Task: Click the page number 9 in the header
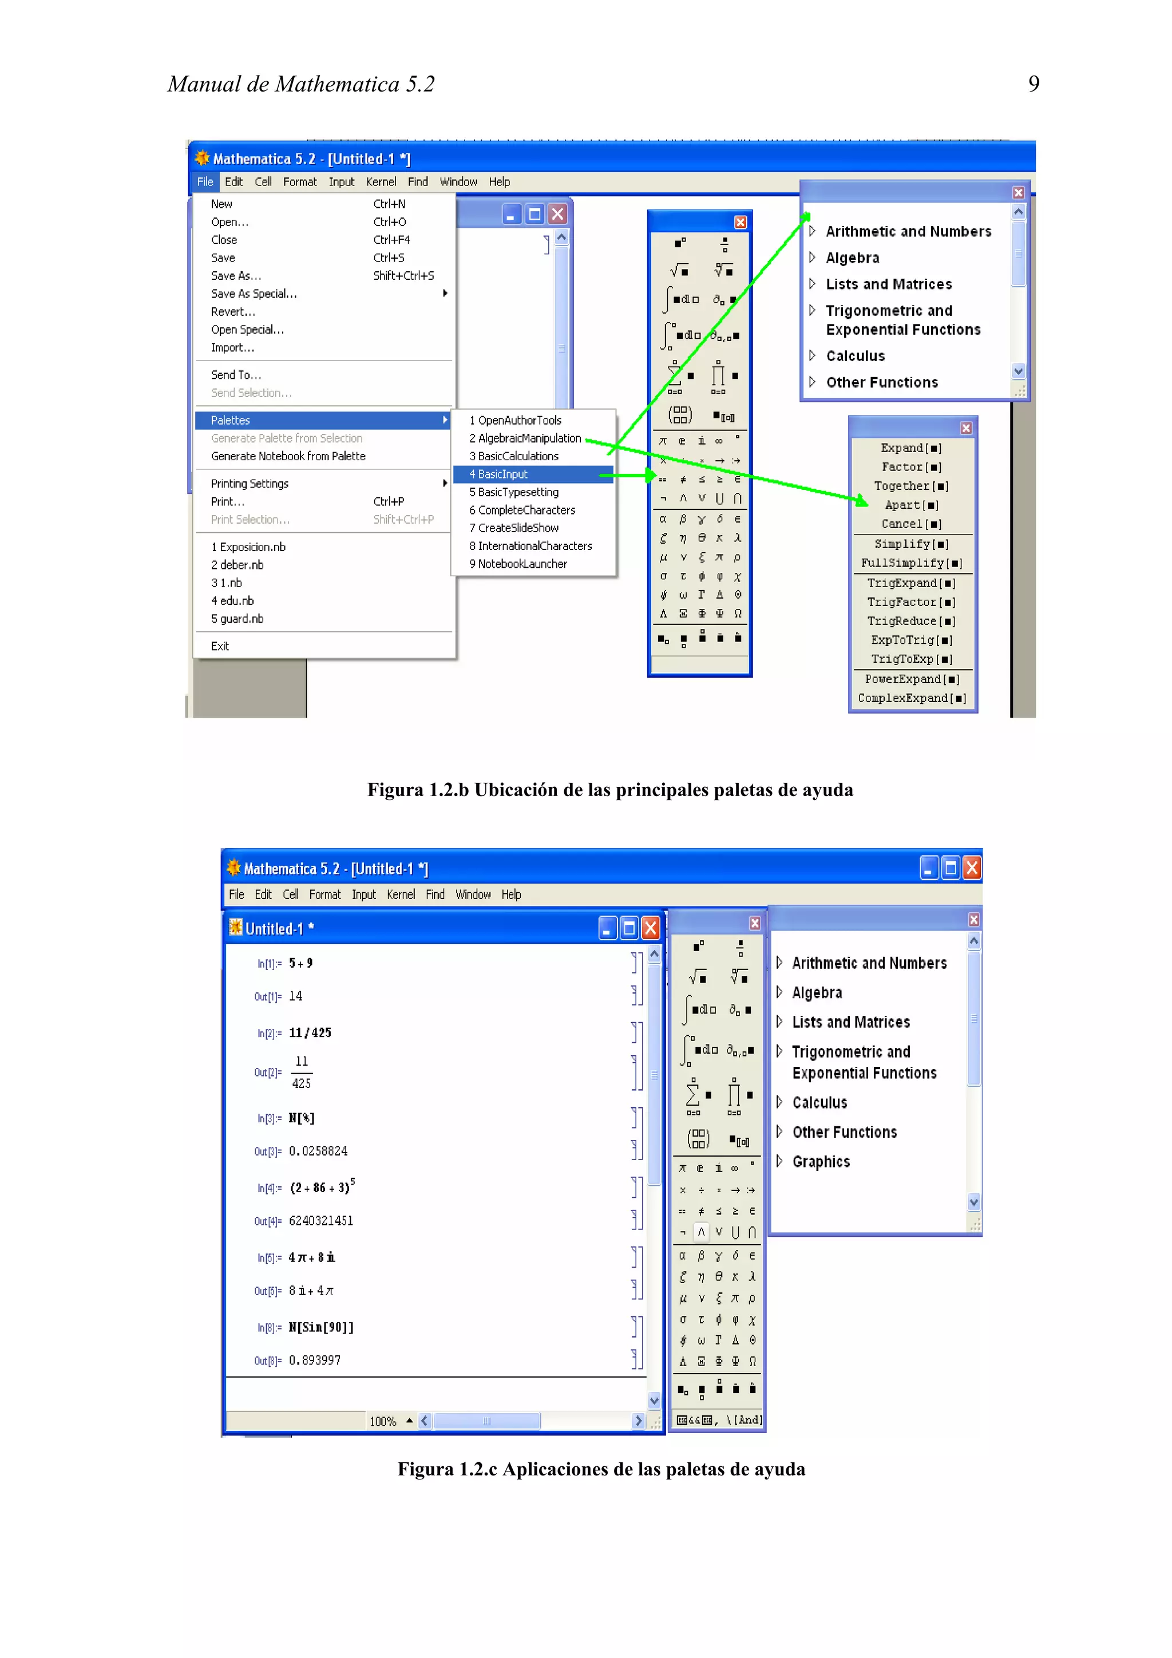(1034, 85)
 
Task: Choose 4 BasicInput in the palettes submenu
(498, 474)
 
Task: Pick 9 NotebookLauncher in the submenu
(518, 564)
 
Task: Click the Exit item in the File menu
(220, 646)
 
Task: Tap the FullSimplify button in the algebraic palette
(911, 563)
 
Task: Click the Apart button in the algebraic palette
(911, 505)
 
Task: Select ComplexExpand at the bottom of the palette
(911, 698)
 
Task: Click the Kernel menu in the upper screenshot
(381, 182)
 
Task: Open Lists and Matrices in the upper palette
(888, 284)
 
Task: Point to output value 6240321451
(320, 1221)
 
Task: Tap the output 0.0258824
(318, 1151)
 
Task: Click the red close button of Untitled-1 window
(651, 928)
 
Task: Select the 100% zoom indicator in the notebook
(383, 1422)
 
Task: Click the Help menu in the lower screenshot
(510, 895)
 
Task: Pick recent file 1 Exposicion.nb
(248, 547)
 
